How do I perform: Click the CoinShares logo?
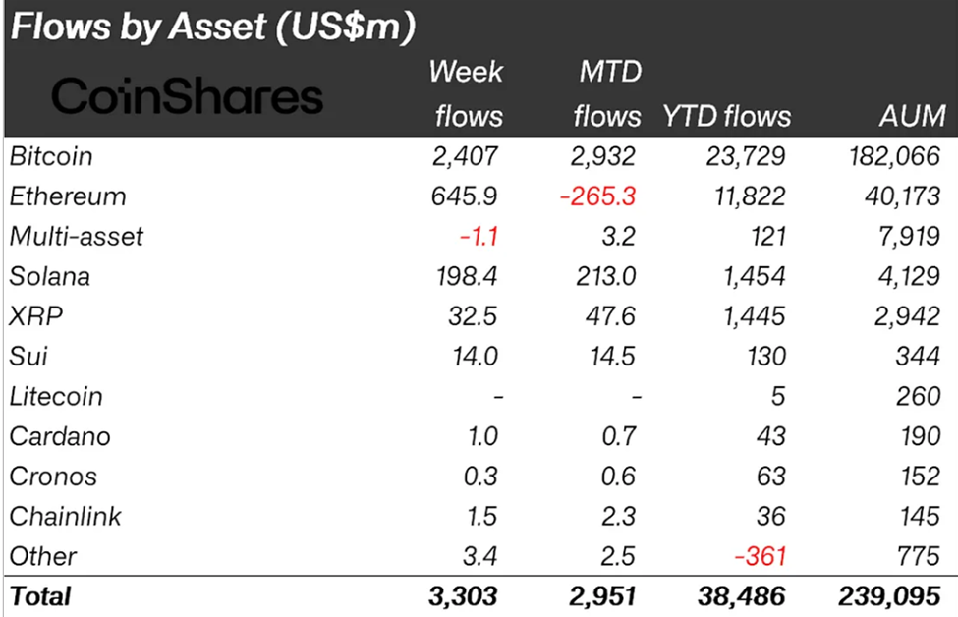[x=187, y=96]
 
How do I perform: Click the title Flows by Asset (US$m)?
[x=210, y=28]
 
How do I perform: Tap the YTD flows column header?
[x=727, y=116]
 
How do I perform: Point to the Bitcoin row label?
[x=50, y=156]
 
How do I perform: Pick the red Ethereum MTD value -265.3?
[x=598, y=196]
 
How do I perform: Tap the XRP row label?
[x=31, y=317]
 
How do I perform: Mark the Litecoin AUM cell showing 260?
[x=920, y=397]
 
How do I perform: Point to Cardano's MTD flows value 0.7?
[x=619, y=437]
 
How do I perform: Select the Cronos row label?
[x=53, y=477]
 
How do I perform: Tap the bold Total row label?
[x=40, y=596]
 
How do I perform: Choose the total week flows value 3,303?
[x=462, y=596]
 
